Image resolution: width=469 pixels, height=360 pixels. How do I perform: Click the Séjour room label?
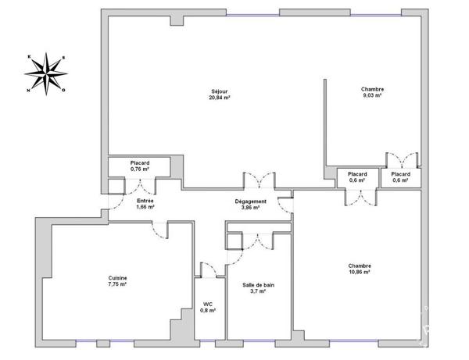click(220, 91)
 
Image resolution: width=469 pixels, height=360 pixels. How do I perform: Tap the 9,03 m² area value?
click(372, 95)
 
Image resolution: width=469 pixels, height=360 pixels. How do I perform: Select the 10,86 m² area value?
click(360, 273)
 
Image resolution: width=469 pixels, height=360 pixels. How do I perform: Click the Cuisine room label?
click(117, 278)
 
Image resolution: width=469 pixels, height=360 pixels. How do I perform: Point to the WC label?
click(208, 304)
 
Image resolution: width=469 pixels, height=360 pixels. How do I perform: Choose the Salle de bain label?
click(259, 285)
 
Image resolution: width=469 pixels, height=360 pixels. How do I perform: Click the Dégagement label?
click(251, 201)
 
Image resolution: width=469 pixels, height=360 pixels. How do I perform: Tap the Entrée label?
click(145, 201)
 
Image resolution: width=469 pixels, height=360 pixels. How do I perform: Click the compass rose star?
click(46, 73)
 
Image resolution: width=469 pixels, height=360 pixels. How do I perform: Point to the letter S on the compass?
click(63, 58)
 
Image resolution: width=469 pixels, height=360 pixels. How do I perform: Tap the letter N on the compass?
click(29, 91)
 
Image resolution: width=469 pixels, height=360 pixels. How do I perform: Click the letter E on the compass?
click(29, 56)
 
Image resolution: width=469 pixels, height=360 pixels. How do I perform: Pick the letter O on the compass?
click(64, 90)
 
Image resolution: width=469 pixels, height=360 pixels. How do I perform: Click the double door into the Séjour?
click(260, 180)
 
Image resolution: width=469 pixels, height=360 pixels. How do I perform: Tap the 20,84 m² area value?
click(220, 98)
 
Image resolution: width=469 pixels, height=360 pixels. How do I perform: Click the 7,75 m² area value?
click(117, 284)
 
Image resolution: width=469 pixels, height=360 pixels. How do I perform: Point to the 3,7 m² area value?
click(258, 291)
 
